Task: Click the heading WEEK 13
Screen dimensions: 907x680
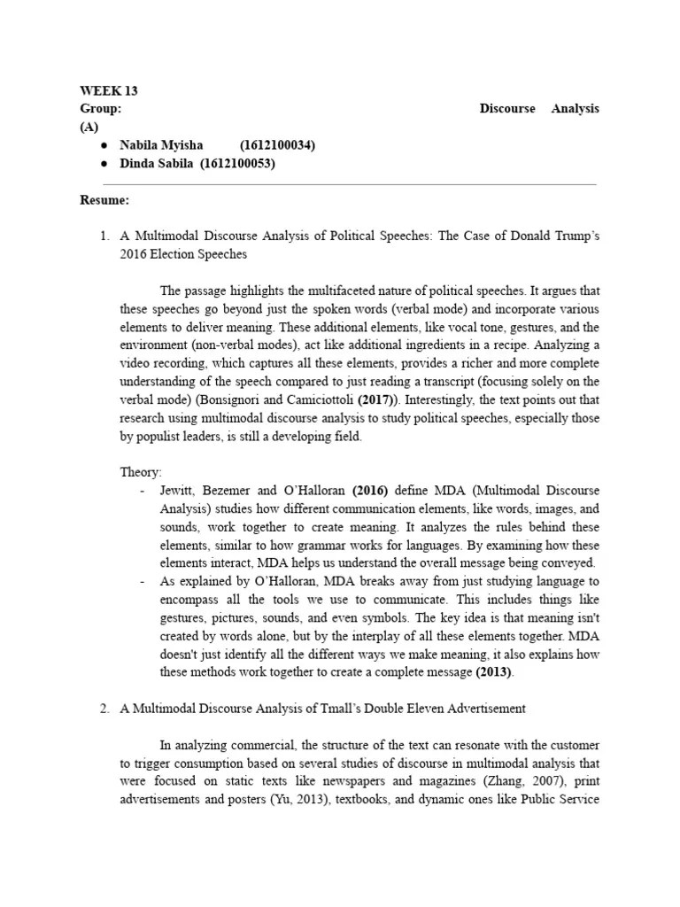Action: (109, 91)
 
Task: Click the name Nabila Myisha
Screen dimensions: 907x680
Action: (161, 145)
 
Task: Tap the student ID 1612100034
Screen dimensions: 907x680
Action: (277, 145)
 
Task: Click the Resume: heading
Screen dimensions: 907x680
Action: (104, 200)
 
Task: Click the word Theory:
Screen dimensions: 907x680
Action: (141, 472)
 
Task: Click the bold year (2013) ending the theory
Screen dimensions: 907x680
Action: (494, 672)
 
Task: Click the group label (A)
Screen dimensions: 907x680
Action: (89, 127)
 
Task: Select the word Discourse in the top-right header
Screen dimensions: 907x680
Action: (507, 109)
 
